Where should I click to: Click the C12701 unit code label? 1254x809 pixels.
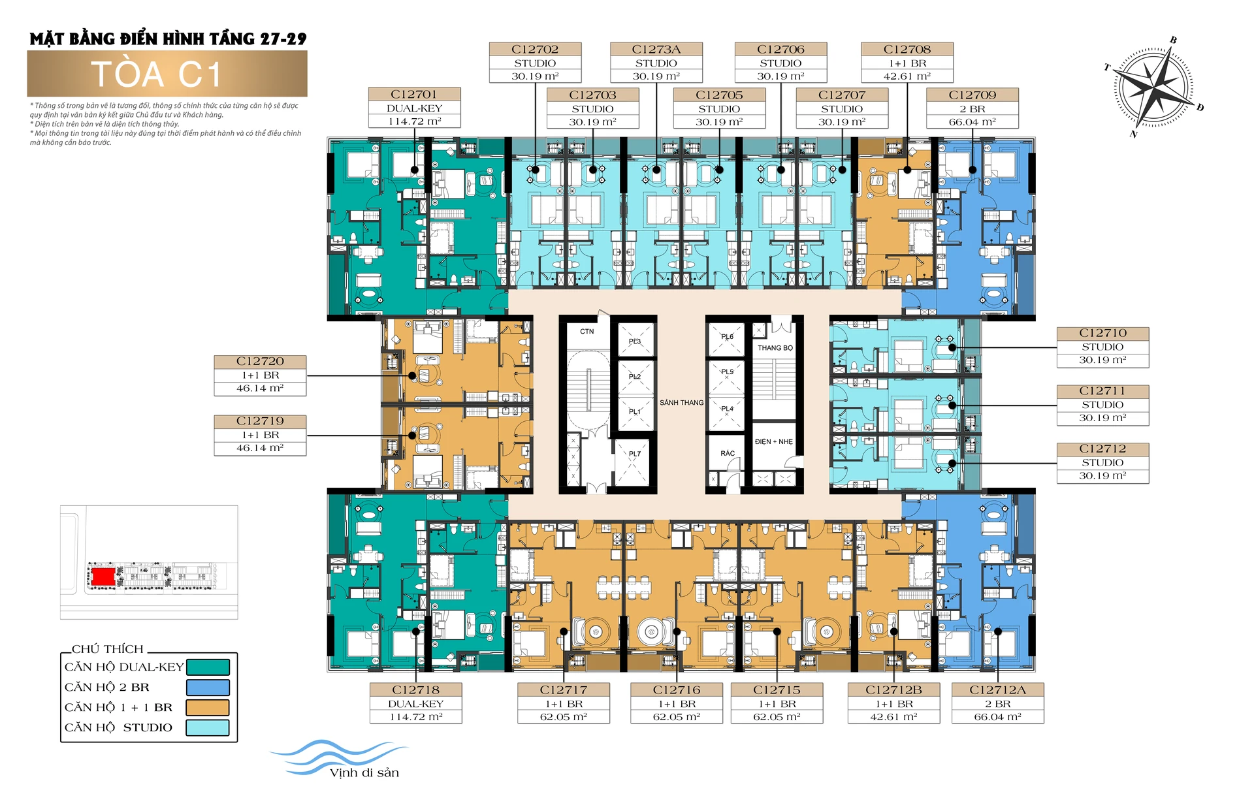click(414, 95)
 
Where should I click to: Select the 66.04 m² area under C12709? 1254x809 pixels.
click(972, 122)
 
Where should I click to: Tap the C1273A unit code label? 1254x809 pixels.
click(656, 50)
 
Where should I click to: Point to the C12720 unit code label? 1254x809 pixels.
click(260, 362)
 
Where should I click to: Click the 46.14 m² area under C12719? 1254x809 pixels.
click(260, 449)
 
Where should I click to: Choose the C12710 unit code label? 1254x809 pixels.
click(1102, 334)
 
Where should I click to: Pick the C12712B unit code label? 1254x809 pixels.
click(893, 690)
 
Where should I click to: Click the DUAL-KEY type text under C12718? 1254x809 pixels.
click(416, 704)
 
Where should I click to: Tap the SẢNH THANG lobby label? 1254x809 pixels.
click(681, 403)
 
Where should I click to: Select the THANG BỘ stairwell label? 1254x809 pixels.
click(775, 348)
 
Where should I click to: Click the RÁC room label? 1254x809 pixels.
click(728, 453)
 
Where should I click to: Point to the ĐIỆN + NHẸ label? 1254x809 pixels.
click(773, 442)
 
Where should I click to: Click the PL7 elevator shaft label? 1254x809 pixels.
click(635, 454)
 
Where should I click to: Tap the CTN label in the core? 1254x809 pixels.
click(587, 332)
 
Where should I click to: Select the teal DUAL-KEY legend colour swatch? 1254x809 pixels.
click(208, 667)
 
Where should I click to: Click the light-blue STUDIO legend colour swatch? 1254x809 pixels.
click(208, 727)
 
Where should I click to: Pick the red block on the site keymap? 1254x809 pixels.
click(103, 577)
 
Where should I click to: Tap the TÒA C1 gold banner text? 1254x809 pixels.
click(157, 74)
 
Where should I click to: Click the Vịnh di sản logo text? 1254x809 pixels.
click(364, 773)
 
